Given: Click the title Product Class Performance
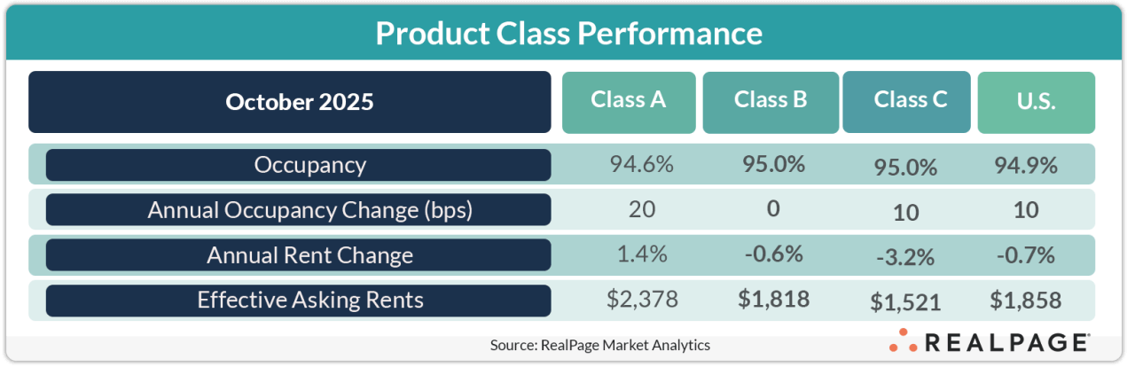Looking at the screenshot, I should point(567,34).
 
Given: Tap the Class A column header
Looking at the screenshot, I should point(629,100).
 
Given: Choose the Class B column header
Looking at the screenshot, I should point(770,100).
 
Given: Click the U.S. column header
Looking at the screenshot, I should point(1036,102).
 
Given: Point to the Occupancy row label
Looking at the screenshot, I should point(298,165).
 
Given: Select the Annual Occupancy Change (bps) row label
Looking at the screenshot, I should point(298,210).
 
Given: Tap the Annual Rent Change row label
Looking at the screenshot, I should point(298,255).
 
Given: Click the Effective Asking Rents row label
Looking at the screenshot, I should point(298,301).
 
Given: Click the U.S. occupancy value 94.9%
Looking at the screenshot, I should point(1025,165).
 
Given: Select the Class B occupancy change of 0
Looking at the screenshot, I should point(773,209).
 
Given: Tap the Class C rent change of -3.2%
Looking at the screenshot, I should point(905,258).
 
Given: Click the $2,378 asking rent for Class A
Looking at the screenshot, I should point(643,300).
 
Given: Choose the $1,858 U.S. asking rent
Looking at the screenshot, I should point(1025,301).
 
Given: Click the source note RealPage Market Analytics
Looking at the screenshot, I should point(599,345).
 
